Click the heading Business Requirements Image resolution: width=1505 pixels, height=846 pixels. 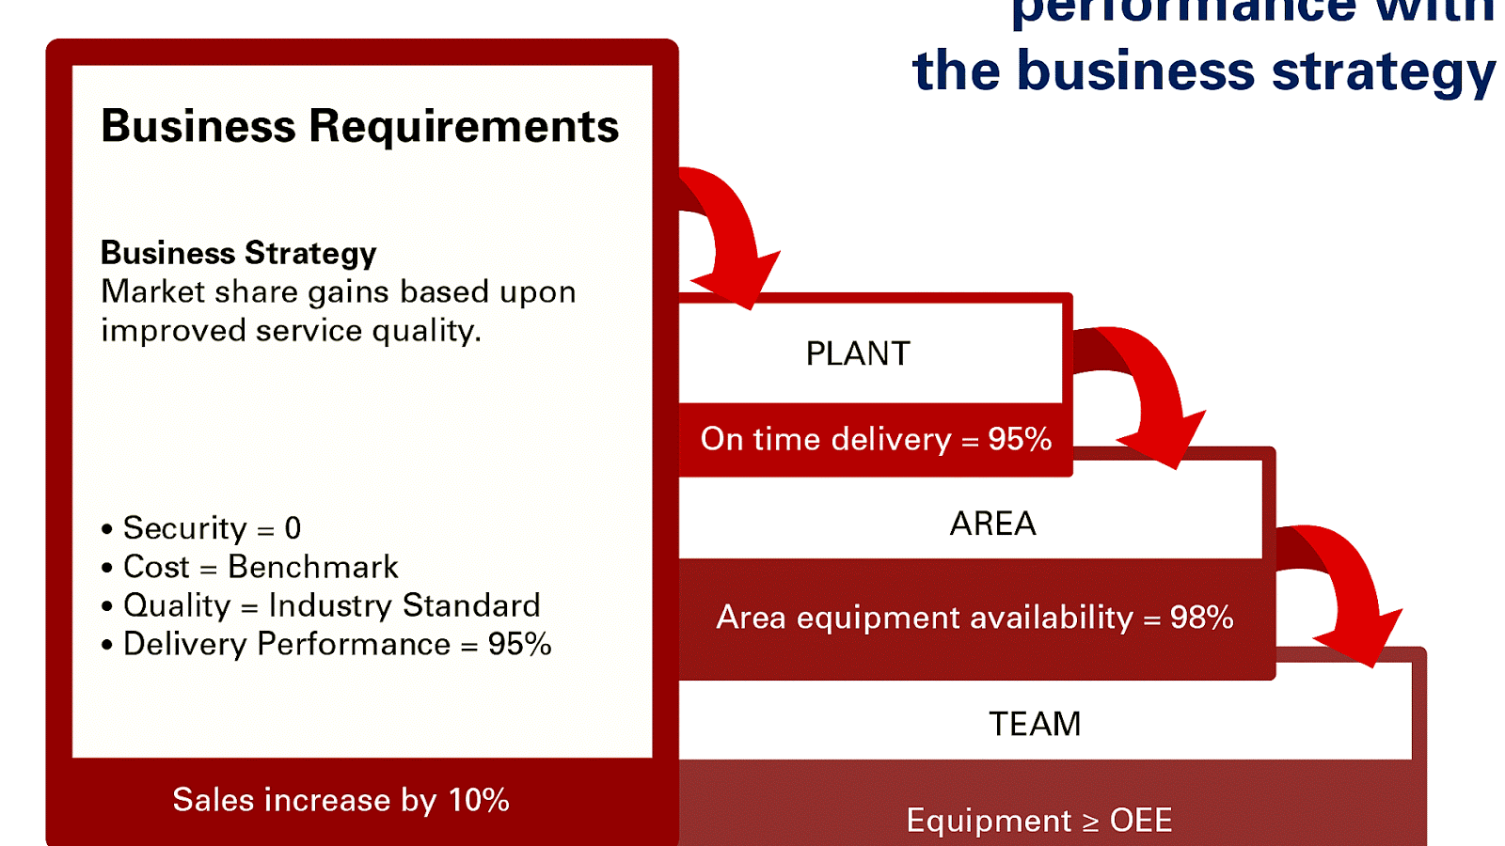[x=359, y=126]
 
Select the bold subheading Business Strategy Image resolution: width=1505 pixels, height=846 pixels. [x=238, y=253]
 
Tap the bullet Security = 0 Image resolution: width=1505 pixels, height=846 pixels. [x=212, y=528]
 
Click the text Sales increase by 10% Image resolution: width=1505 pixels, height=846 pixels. [x=341, y=800]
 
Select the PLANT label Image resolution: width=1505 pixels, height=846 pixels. [x=858, y=353]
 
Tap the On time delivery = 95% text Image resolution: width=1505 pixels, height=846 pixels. [x=876, y=439]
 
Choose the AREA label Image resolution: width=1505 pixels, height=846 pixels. [x=992, y=524]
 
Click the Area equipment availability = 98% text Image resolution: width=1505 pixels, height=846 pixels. [x=974, y=618]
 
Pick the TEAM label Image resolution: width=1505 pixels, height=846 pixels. [x=1035, y=724]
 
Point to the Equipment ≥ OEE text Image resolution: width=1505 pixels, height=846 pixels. [x=1039, y=820]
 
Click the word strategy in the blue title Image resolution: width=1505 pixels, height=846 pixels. [x=1383, y=72]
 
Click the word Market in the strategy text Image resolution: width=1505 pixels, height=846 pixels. [x=152, y=291]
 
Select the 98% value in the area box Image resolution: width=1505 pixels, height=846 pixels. [x=1201, y=618]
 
